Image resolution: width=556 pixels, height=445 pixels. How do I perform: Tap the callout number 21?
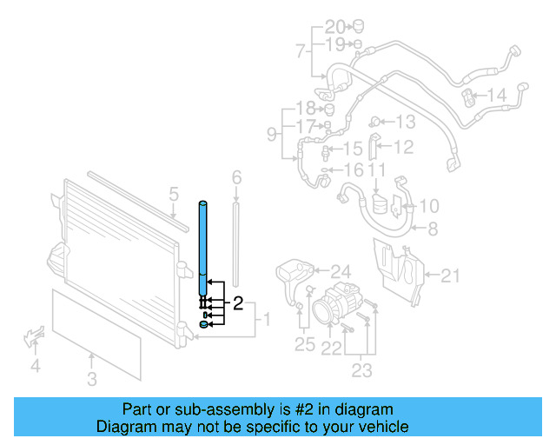449,276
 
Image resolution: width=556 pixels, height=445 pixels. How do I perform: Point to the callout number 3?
92,378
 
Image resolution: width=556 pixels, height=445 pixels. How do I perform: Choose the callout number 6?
235,178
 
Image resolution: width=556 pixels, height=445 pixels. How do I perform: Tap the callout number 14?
495,95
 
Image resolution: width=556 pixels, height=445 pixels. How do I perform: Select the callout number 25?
303,345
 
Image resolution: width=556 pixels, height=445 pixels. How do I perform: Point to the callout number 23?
361,371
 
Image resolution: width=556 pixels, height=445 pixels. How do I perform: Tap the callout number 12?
403,148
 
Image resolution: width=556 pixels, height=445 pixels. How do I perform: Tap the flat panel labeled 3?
96,335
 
